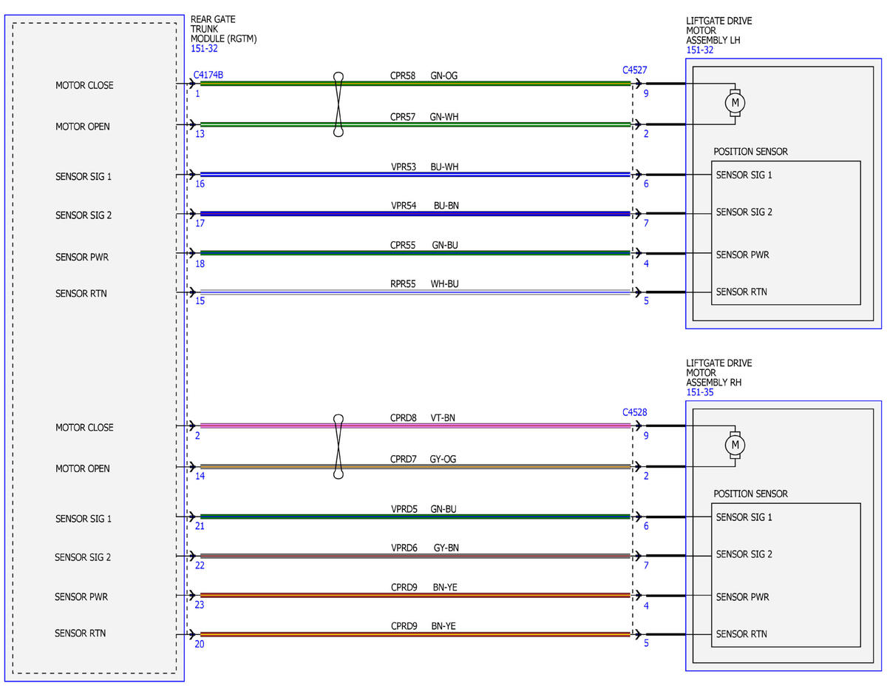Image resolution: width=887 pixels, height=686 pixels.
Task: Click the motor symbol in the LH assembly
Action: (x=735, y=103)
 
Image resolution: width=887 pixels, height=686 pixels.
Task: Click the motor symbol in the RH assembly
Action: (x=735, y=445)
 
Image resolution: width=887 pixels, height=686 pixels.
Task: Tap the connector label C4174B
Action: (x=208, y=75)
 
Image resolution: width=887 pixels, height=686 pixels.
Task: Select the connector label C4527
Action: (x=634, y=70)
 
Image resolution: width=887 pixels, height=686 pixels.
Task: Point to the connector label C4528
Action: (x=634, y=412)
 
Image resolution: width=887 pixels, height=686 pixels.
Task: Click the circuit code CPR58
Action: (x=403, y=75)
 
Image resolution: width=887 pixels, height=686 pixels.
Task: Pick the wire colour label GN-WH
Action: (x=443, y=117)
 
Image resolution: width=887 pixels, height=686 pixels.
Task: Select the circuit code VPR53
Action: (x=404, y=167)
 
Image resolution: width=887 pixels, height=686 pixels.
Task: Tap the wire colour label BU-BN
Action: (x=446, y=206)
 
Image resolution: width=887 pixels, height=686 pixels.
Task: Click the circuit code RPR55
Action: (x=403, y=284)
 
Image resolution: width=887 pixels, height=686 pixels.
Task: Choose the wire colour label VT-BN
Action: (x=443, y=418)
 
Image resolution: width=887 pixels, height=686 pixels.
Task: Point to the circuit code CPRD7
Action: (x=403, y=460)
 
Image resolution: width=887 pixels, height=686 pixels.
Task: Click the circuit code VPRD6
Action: (x=404, y=548)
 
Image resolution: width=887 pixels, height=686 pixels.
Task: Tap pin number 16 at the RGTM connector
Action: (x=200, y=184)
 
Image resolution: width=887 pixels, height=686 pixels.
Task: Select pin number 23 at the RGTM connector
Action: (x=199, y=605)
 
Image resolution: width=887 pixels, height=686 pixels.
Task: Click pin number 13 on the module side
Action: (x=200, y=134)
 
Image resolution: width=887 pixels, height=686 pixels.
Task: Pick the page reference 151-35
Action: (x=700, y=392)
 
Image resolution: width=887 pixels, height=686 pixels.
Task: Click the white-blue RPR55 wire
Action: (x=415, y=292)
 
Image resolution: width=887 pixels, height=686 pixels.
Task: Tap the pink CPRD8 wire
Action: (x=415, y=426)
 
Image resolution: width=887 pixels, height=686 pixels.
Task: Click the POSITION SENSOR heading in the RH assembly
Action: (x=750, y=494)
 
